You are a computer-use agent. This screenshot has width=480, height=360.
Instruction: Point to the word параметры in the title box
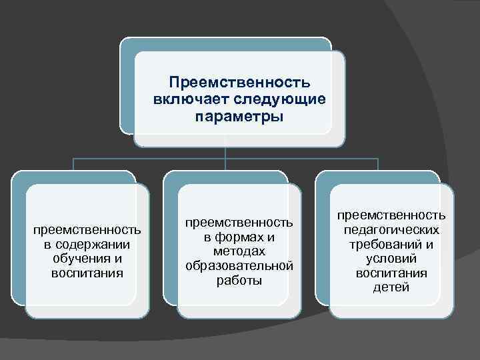click(239, 117)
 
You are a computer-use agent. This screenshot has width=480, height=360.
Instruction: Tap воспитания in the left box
click(87, 273)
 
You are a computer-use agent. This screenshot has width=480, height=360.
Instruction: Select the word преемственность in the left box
click(87, 230)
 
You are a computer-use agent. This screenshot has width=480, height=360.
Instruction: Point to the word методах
click(239, 251)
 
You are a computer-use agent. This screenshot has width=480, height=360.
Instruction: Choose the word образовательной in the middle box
click(239, 266)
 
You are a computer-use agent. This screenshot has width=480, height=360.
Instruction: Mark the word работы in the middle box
click(239, 281)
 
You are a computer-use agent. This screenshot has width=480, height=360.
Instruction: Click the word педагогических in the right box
click(391, 229)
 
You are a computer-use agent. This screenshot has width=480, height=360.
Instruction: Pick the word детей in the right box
click(391, 288)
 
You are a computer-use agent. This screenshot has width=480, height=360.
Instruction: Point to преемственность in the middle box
click(239, 222)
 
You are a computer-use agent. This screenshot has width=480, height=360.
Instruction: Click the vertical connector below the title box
click(226, 153)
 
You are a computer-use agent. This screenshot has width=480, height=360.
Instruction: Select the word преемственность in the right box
click(391, 215)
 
